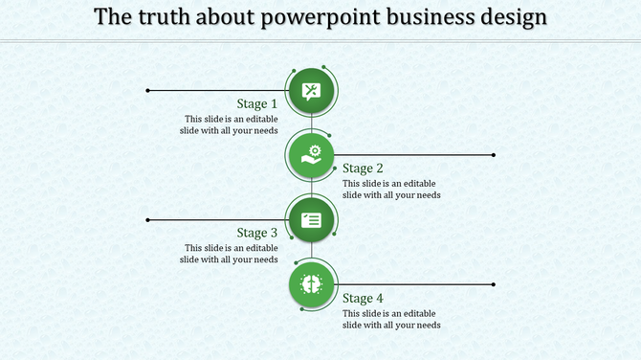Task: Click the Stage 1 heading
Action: pyautogui.click(x=257, y=103)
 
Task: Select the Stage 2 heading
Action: pyautogui.click(x=364, y=169)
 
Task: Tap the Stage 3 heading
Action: pyautogui.click(x=257, y=233)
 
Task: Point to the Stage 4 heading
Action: pyautogui.click(x=364, y=298)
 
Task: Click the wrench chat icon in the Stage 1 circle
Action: pyautogui.click(x=311, y=91)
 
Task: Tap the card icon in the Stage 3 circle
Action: pyautogui.click(x=311, y=220)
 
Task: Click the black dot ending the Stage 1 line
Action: pyautogui.click(x=147, y=91)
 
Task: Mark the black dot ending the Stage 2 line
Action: pyautogui.click(x=494, y=154)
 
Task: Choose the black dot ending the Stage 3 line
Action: pyautogui.click(x=147, y=220)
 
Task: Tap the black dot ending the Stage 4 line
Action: pyautogui.click(x=494, y=284)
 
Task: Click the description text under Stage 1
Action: pyautogui.click(x=230, y=125)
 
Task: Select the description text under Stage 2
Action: pyautogui.click(x=391, y=189)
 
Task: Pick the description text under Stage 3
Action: pyautogui.click(x=230, y=254)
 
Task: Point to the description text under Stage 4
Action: pyautogui.click(x=391, y=319)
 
